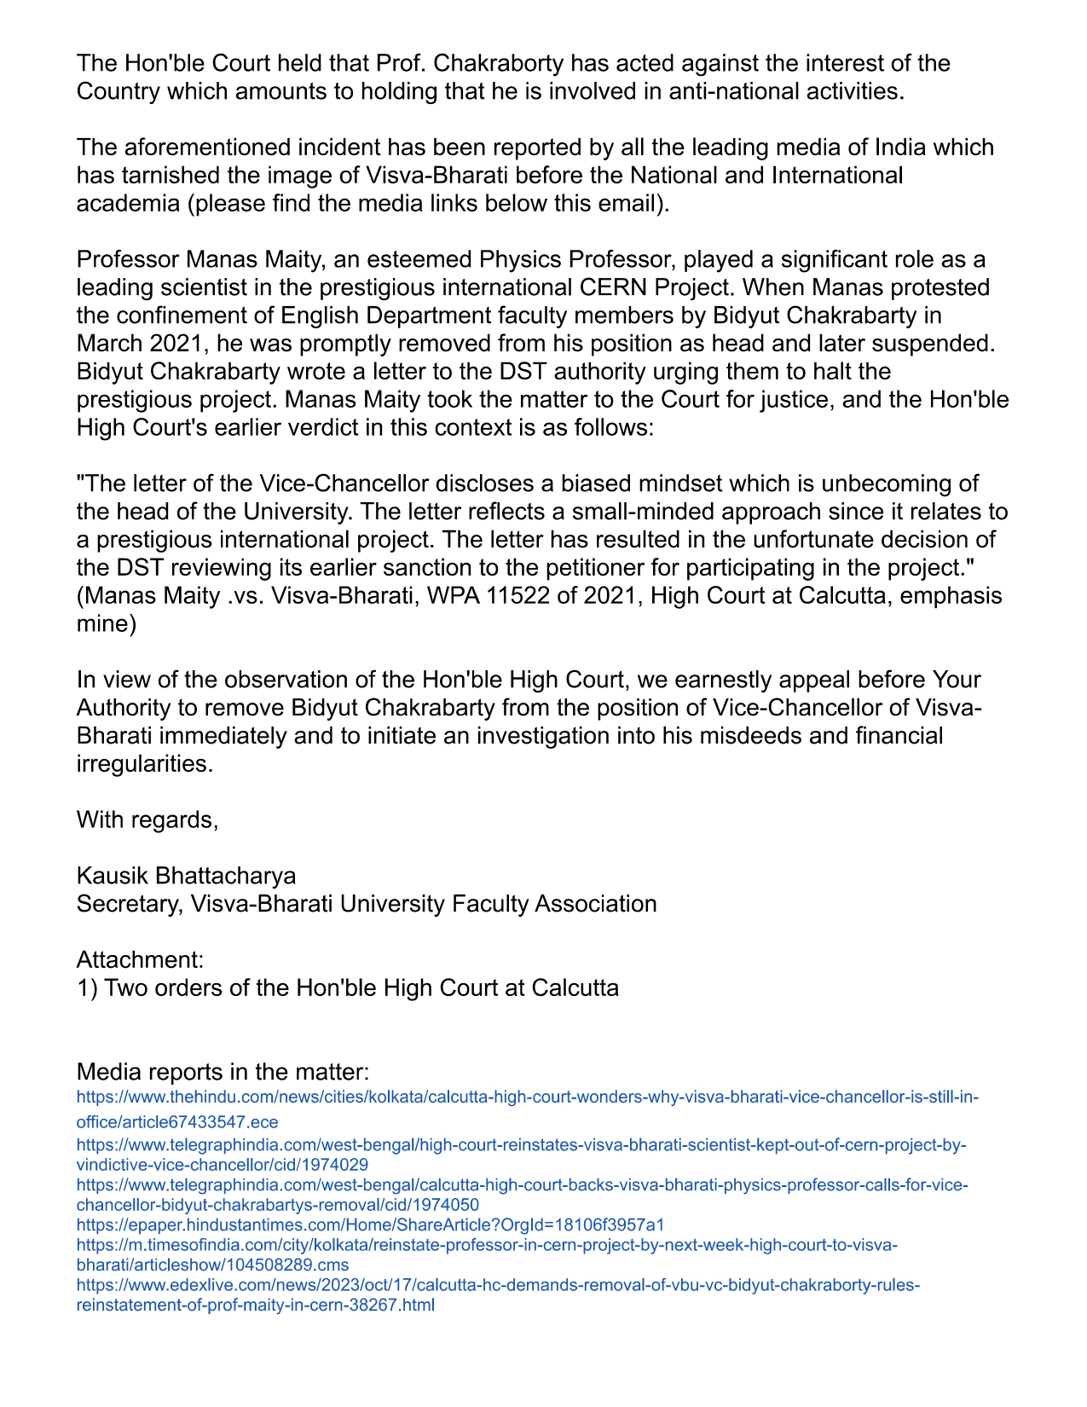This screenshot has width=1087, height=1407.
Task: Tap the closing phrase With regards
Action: tap(147, 820)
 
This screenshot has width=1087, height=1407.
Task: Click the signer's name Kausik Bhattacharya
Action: tap(187, 876)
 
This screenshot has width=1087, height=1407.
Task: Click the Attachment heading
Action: tap(140, 960)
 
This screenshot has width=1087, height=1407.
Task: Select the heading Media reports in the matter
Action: tap(223, 1072)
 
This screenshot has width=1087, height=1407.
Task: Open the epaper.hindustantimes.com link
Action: tap(370, 1225)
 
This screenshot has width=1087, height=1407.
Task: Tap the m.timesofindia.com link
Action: tap(486, 1246)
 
